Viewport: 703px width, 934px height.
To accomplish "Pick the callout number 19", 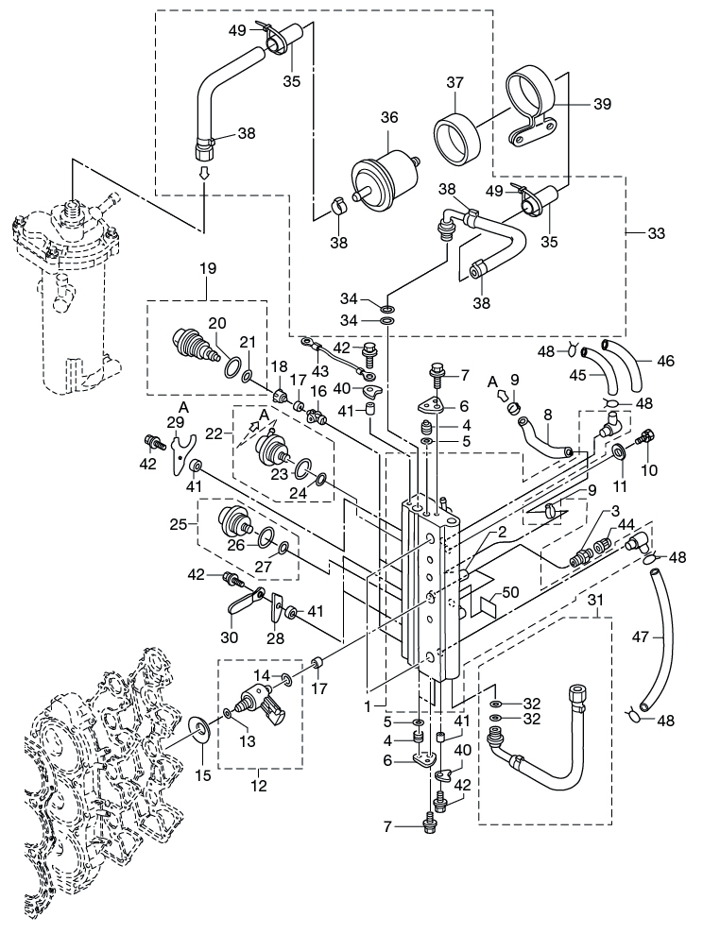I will click(x=206, y=268).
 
